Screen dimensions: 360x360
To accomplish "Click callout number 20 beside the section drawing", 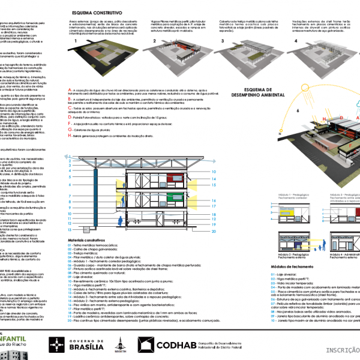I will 213,230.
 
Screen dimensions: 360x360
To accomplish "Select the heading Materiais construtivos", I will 88,239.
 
